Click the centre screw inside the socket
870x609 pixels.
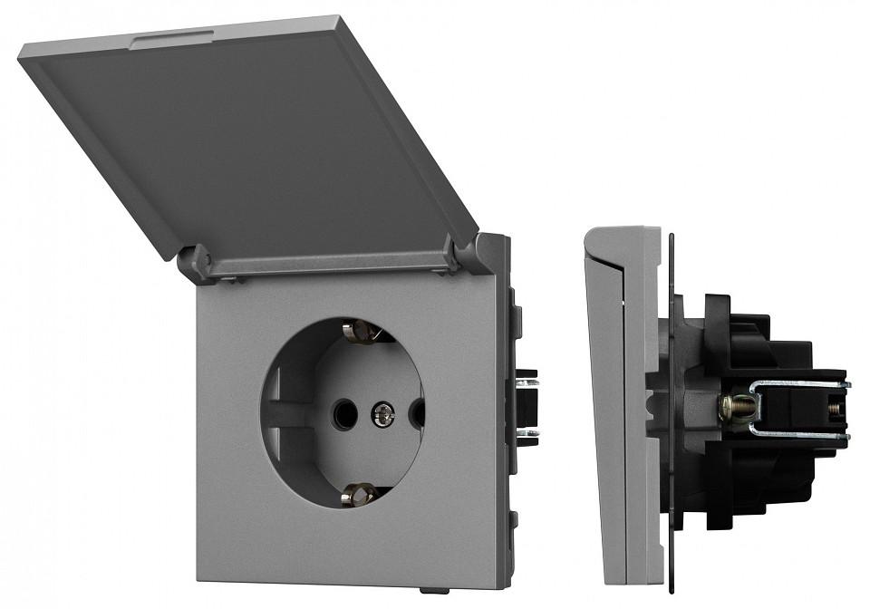[x=382, y=415]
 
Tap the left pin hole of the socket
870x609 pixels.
[x=344, y=414]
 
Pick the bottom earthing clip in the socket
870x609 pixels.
[x=359, y=494]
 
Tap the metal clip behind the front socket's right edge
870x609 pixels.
[x=524, y=408]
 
